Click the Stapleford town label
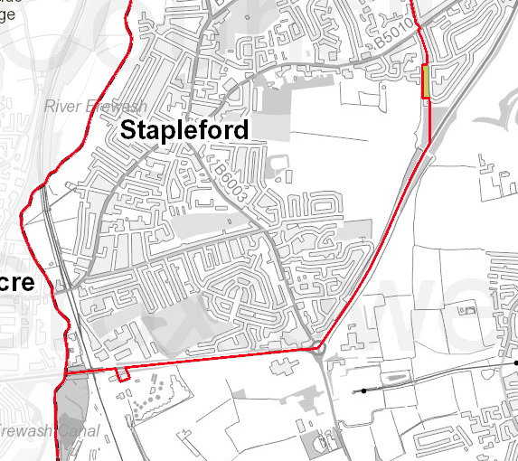(184, 130)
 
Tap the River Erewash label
(95, 107)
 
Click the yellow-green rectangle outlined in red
(425, 80)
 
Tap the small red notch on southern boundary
(123, 375)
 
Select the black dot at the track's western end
(364, 390)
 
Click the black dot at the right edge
(506, 361)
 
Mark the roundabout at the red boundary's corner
(318, 348)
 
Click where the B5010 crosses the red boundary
(419, 28)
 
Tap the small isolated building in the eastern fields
(468, 310)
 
